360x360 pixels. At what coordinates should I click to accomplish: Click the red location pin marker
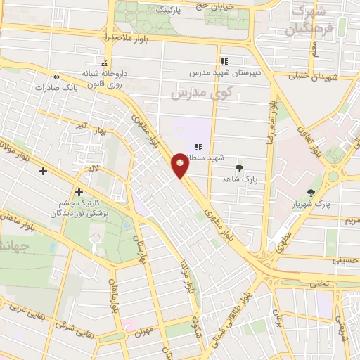[180, 165]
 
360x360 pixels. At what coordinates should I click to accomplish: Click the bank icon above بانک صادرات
[56, 77]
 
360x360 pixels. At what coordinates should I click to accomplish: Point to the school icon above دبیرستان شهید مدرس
[224, 61]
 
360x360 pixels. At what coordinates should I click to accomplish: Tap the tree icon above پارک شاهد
[240, 167]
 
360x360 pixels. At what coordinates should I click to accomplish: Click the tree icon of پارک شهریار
[311, 192]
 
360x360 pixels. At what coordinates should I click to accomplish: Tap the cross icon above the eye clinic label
[79, 192]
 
